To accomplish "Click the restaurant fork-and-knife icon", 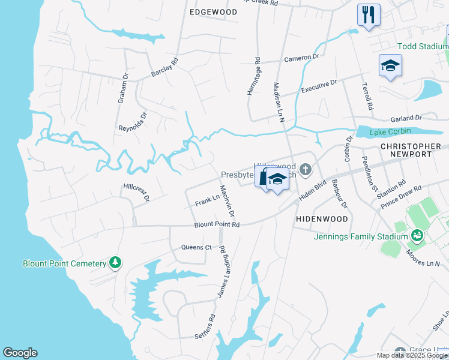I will pyautogui.click(x=369, y=15).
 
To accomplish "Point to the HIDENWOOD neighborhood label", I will pyautogui.click(x=318, y=220).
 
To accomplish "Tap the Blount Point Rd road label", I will pyautogui.click(x=217, y=225).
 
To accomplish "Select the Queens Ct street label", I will pyautogui.click(x=197, y=247).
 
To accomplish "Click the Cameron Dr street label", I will pyautogui.click(x=302, y=58).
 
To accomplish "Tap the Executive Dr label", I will pyautogui.click(x=319, y=86).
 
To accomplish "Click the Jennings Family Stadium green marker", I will pyautogui.click(x=415, y=236).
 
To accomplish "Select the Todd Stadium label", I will pyautogui.click(x=423, y=46).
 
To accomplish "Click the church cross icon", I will pyautogui.click(x=306, y=170).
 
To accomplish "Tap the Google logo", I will pyautogui.click(x=20, y=353).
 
